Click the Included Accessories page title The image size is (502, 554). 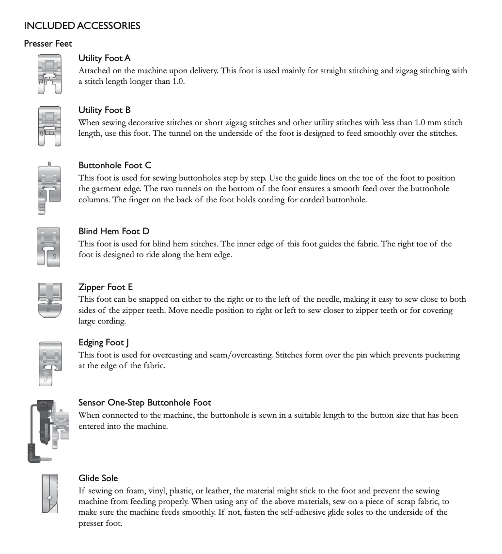coord(82,26)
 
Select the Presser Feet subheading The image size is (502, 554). coord(48,44)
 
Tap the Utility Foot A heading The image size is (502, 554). coord(105,58)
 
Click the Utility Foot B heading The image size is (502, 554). coord(105,110)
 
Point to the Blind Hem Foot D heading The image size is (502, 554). coord(114,231)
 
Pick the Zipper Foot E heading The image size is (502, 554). coord(106,287)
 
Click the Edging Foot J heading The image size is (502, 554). coord(104,342)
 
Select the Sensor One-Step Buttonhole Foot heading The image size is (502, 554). coord(145,403)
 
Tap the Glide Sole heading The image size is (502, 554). coord(98,478)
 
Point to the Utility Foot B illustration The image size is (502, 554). coord(49,126)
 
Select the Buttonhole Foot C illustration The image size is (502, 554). coord(48,189)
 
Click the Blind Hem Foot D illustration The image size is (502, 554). coord(48,246)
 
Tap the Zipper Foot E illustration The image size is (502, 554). coord(50,300)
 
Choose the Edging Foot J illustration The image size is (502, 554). coord(50,363)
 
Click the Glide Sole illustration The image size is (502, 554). coord(49,494)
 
